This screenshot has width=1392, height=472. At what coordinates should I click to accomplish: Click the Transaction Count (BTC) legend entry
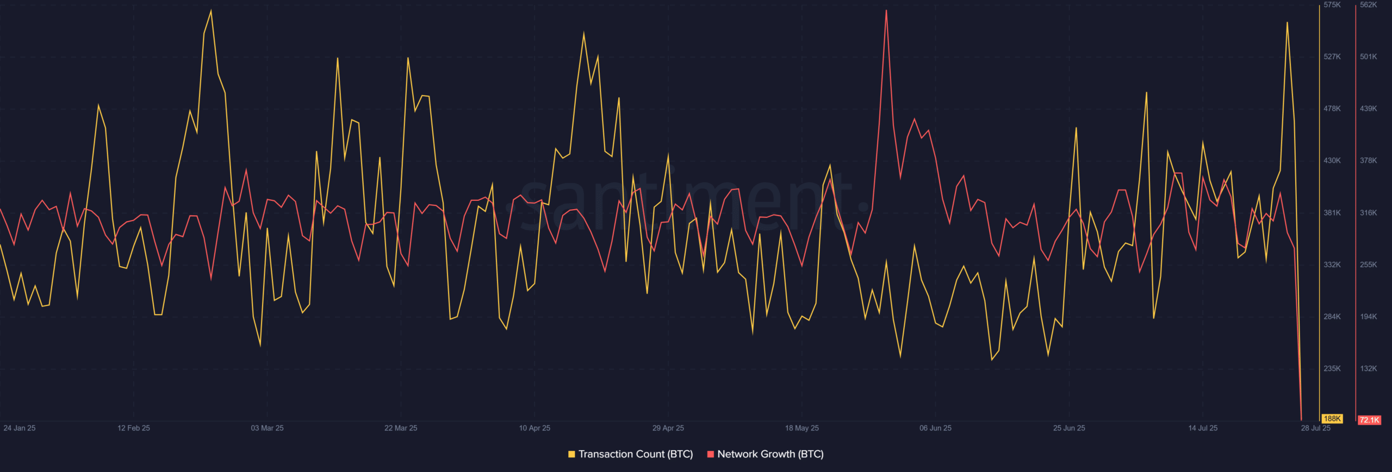pos(630,454)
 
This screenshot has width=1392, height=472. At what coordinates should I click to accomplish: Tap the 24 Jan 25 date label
pos(20,428)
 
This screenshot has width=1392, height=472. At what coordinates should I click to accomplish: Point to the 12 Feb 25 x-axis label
pos(134,428)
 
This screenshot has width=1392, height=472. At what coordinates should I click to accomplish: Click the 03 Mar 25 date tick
pos(267,428)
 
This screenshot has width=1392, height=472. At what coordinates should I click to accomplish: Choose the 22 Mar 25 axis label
pos(401,428)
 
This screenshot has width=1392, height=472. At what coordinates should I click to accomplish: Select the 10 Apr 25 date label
pos(535,428)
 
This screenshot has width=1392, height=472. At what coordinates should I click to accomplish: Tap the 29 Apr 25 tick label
pos(668,428)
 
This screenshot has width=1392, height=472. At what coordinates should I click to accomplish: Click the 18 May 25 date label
pos(801,428)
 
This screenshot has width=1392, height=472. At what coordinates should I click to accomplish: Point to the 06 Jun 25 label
pos(935,428)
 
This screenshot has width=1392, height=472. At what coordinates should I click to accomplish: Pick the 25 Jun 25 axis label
pos(1069,428)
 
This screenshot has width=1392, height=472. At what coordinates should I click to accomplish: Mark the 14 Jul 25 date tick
pos(1203,428)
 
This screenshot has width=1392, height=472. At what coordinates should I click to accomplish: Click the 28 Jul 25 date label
pos(1315,428)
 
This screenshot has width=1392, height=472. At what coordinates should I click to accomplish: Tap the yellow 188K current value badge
pos(1332,419)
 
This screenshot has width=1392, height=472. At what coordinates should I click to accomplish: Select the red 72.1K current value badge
pos(1369,420)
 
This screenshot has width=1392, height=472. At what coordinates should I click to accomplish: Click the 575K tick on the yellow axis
pos(1332,5)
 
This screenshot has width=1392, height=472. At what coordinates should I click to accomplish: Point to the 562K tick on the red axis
pos(1369,5)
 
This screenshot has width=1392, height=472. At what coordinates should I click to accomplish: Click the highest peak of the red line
pos(886,11)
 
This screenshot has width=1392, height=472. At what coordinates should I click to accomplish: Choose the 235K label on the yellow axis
pos(1332,369)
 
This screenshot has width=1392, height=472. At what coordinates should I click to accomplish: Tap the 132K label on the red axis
pos(1369,369)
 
